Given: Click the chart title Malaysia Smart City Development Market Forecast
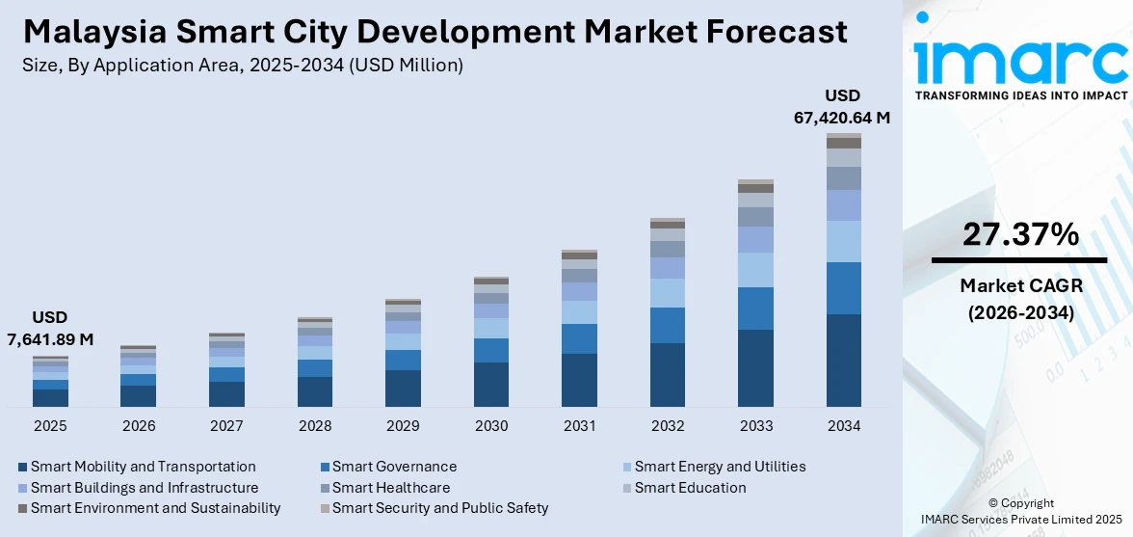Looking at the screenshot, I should (435, 31).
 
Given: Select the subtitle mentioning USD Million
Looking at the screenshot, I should (242, 66).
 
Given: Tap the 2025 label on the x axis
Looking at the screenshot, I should (50, 425).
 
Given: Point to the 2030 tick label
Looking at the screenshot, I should (491, 425).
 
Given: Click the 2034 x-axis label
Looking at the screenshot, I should (844, 425).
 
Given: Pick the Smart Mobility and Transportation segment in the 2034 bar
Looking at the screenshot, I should (844, 360).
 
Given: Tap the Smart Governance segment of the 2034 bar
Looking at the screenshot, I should (844, 287).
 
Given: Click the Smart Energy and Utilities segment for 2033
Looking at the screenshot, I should (755, 269).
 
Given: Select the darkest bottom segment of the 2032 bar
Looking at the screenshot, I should (668, 374).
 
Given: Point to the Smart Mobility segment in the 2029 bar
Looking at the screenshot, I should (403, 388).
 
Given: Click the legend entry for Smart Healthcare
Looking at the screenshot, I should (391, 488).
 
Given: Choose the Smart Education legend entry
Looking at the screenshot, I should (690, 488).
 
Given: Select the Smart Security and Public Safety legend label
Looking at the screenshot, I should (440, 508).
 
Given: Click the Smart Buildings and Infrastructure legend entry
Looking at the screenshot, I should (145, 488).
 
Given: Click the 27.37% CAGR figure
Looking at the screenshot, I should (1019, 234).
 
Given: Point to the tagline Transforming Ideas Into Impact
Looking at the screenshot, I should (1020, 95).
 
